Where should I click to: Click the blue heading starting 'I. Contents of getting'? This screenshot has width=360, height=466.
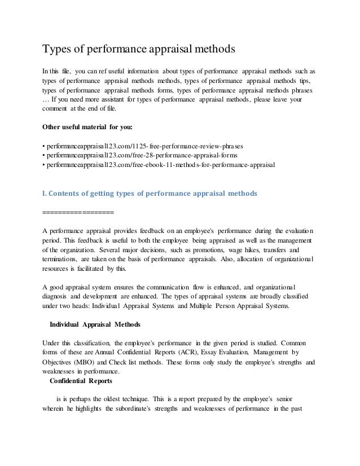(150, 194)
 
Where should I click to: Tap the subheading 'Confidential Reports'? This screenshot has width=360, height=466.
(82, 381)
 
